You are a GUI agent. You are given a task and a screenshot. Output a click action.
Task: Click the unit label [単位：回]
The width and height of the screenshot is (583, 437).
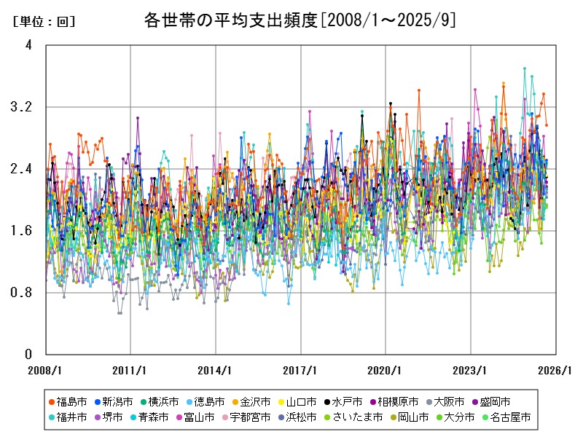tap(44, 22)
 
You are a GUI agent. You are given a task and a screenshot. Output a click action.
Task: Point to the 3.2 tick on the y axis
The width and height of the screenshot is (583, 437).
tap(24, 107)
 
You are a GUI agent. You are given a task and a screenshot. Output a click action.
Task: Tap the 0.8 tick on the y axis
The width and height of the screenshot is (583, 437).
tap(24, 293)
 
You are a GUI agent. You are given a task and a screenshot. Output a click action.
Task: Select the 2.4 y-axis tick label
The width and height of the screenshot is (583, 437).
tap(24, 169)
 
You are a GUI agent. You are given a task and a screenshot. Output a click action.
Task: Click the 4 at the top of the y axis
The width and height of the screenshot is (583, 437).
tap(28, 45)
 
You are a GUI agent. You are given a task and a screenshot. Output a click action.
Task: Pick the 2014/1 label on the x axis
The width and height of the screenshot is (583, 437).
tap(216, 370)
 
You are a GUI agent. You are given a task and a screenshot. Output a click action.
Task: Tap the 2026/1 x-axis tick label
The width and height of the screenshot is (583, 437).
tap(555, 370)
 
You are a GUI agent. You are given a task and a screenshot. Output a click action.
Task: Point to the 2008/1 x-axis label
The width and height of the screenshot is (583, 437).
tap(46, 370)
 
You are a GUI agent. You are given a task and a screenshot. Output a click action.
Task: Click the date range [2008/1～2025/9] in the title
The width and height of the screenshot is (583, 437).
tap(388, 20)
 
